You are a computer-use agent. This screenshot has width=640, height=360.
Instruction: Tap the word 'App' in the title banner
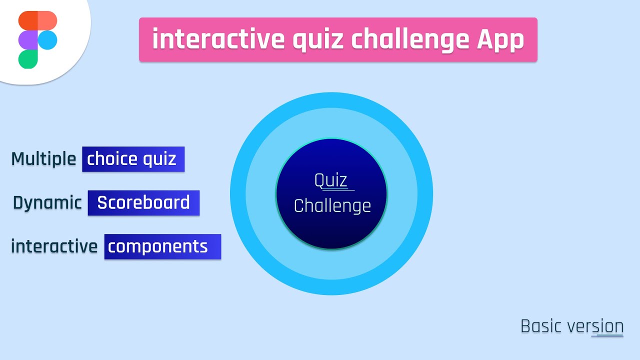(499, 39)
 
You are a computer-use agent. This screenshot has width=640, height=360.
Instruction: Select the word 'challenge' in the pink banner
(410, 39)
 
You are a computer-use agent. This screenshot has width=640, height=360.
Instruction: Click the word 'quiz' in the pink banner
(318, 39)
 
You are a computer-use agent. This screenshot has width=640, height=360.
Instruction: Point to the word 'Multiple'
(43, 159)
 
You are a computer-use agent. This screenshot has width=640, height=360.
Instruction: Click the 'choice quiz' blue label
(133, 159)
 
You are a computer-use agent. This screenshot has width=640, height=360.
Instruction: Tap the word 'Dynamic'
(47, 202)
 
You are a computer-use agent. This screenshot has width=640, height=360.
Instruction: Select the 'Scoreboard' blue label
(143, 202)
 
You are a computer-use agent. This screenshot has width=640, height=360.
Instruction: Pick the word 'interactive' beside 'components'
(54, 246)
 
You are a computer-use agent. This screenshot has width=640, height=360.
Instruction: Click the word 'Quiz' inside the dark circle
(330, 180)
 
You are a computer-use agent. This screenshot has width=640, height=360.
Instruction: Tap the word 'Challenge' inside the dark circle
(332, 206)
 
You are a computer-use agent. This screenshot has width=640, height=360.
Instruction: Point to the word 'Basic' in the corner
(542, 326)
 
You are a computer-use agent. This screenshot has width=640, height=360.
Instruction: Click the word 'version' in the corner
(595, 326)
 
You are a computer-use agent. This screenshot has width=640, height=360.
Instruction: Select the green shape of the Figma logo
(28, 59)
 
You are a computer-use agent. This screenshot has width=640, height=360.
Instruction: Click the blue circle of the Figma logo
(47, 40)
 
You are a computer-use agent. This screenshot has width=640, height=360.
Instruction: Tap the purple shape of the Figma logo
(28, 40)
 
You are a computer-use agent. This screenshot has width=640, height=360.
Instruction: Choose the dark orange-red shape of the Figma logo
(28, 20)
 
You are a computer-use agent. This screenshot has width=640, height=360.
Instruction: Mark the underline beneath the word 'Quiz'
(338, 190)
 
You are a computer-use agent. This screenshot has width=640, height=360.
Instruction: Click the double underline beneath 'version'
(607, 336)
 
